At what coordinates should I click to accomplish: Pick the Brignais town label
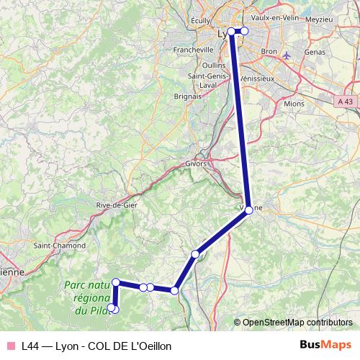pos(187,95)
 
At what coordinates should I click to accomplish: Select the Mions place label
pos(295,104)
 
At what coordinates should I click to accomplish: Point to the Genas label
pos(315,52)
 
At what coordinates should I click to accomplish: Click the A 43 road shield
pos(345,102)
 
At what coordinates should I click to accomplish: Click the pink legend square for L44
pos(10,346)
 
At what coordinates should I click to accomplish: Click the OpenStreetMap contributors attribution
pos(293,322)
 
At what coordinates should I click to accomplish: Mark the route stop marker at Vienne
pos(248,210)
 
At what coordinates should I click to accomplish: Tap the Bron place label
pos(269,52)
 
